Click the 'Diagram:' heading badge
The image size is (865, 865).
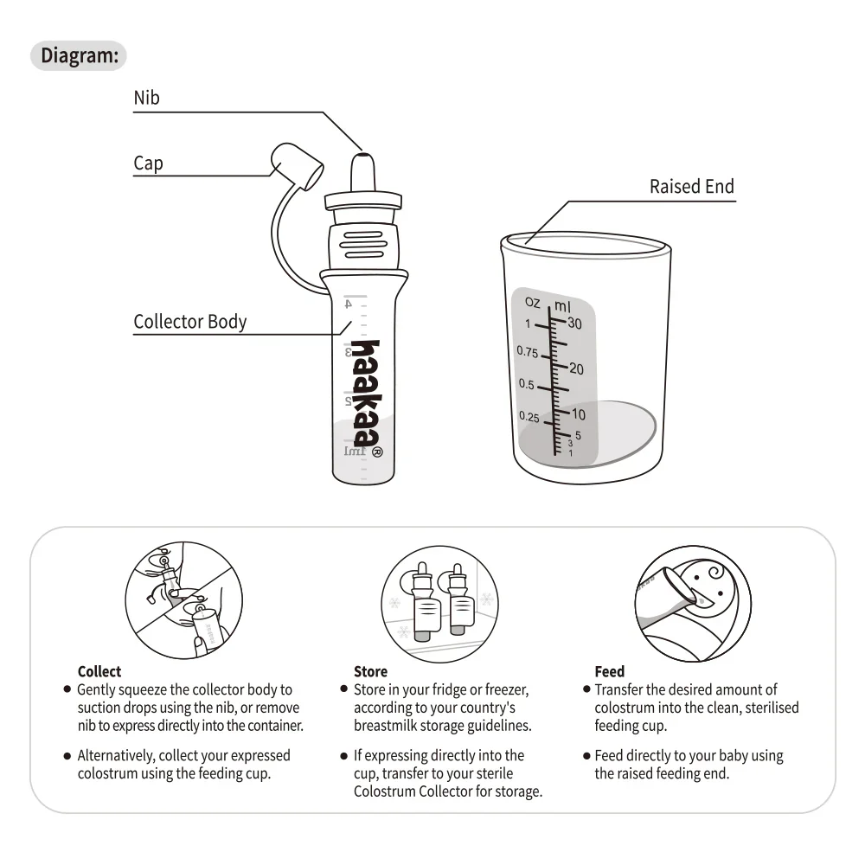point(79,56)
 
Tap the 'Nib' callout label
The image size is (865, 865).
point(146,98)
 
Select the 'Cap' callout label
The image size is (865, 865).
point(148,163)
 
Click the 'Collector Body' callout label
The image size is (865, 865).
point(189,322)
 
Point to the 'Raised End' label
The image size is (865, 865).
point(691,187)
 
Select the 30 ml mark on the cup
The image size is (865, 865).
point(575,324)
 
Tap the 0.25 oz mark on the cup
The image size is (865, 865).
point(529,417)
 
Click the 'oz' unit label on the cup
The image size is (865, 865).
point(532,302)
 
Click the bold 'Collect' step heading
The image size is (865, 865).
point(99,671)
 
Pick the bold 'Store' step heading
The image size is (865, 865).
point(370,671)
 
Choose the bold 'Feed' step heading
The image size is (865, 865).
point(609,671)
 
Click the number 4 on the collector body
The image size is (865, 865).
point(348,304)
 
